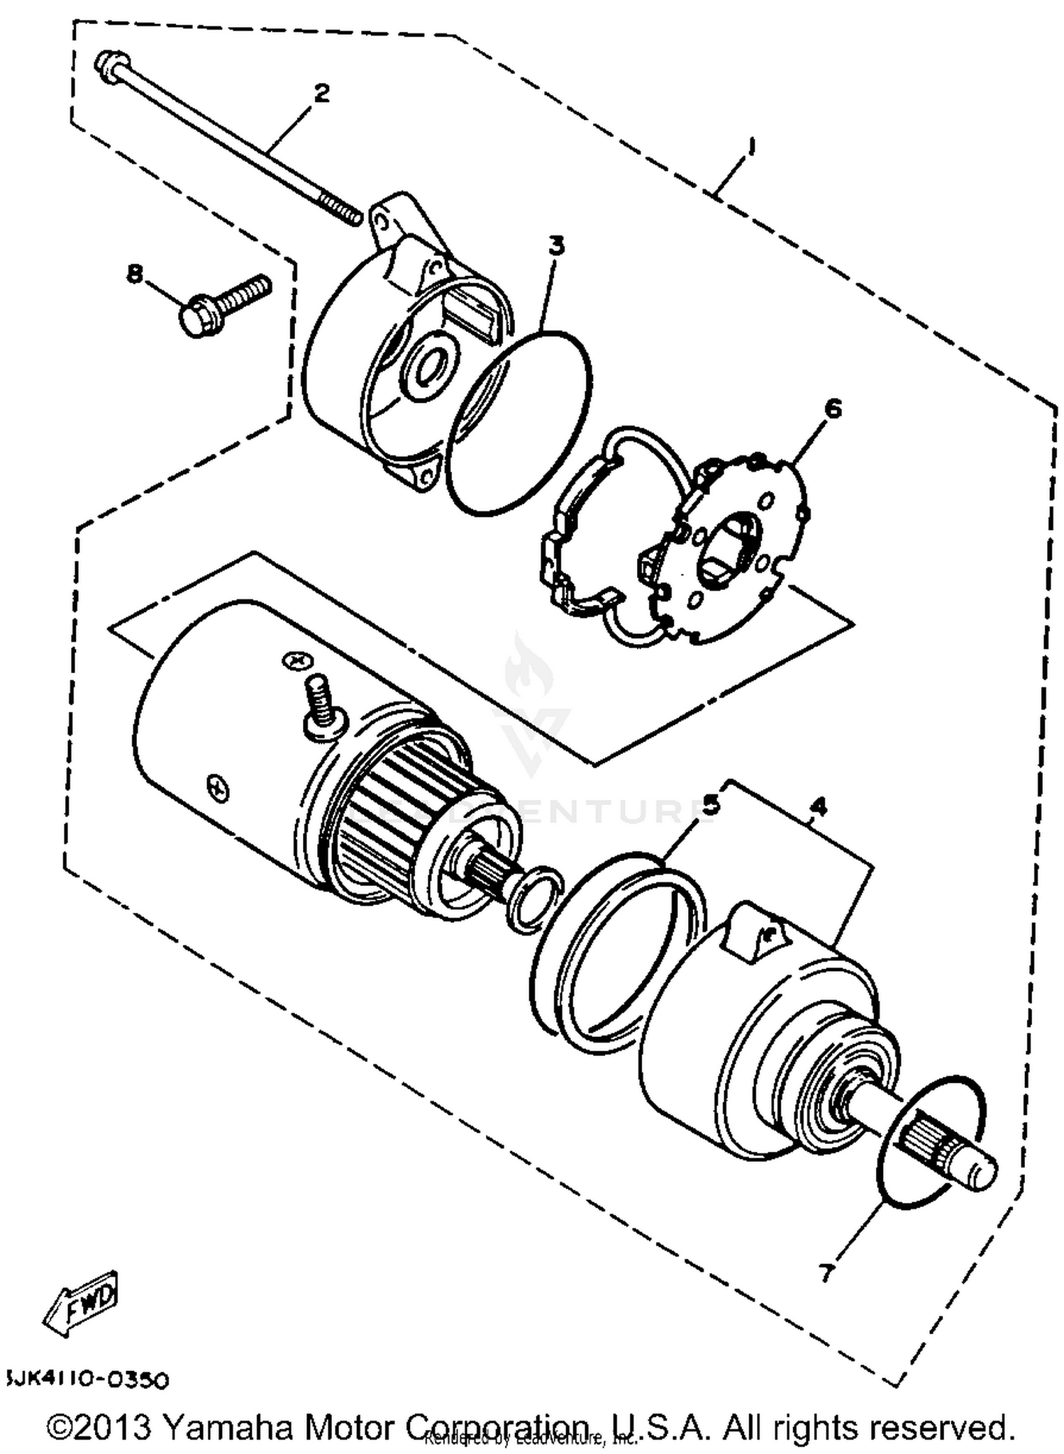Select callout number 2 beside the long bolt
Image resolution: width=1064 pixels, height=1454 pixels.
click(x=321, y=93)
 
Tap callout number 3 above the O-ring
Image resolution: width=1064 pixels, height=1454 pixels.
click(x=557, y=246)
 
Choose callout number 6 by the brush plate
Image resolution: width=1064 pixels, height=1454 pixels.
click(x=833, y=409)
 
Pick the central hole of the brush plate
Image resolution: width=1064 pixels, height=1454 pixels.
click(x=727, y=546)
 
